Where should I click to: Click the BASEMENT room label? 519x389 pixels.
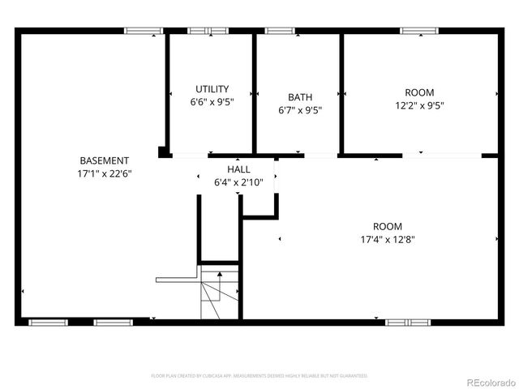pyautogui.click(x=104, y=160)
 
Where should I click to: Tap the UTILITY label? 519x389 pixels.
pyautogui.click(x=212, y=89)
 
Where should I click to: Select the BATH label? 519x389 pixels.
pyautogui.click(x=300, y=96)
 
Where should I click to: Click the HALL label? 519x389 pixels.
pyautogui.click(x=238, y=169)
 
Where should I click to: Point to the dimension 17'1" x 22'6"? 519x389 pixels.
pyautogui.click(x=104, y=173)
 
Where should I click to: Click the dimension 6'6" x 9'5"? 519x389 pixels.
pyautogui.click(x=212, y=102)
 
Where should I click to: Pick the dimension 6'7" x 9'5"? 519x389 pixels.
pyautogui.click(x=300, y=110)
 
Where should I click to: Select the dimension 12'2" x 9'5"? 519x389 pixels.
pyautogui.click(x=419, y=105)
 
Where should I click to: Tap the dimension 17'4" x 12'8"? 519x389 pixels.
pyautogui.click(x=387, y=239)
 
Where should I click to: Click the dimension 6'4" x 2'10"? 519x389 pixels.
pyautogui.click(x=238, y=182)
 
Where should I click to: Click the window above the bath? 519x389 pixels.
pyautogui.click(x=280, y=31)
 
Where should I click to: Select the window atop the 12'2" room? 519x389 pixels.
pyautogui.click(x=419, y=31)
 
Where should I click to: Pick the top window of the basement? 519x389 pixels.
pyautogui.click(x=144, y=31)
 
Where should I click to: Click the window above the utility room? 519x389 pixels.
pyautogui.click(x=208, y=31)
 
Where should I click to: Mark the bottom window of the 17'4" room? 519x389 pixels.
pyautogui.click(x=407, y=322)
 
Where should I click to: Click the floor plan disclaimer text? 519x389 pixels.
pyautogui.click(x=259, y=376)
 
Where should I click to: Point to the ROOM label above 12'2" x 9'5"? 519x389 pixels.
pyautogui.click(x=419, y=92)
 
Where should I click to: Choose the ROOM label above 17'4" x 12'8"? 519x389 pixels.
pyautogui.click(x=387, y=226)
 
